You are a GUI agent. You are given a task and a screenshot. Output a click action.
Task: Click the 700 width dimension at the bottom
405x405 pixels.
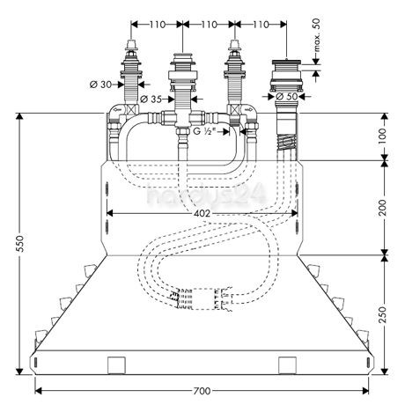coord(202,390)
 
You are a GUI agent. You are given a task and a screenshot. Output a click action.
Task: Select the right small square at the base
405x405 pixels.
coord(287,364)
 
